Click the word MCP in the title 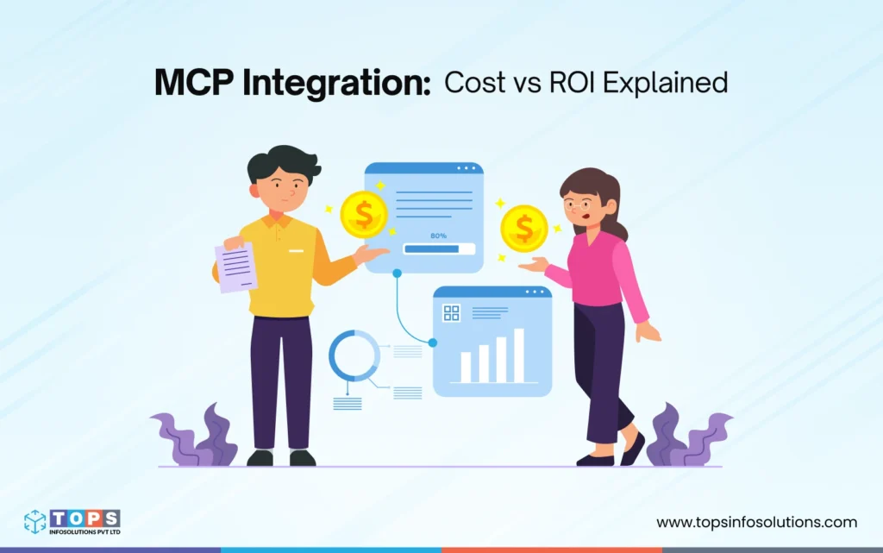coord(192,84)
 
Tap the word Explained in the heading coord(672,84)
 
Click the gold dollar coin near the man coord(364,215)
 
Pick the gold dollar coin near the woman coord(524,228)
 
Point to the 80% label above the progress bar coord(438,235)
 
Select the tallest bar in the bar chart coord(518,355)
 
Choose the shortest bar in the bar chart coord(466,368)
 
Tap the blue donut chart coord(354,355)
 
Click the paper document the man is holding coord(235,267)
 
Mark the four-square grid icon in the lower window coord(451,312)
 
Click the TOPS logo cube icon coord(35,521)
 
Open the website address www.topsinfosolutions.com coord(756,522)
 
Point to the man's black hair coord(272,164)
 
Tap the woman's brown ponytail coord(614,216)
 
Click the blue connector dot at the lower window coord(432,342)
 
